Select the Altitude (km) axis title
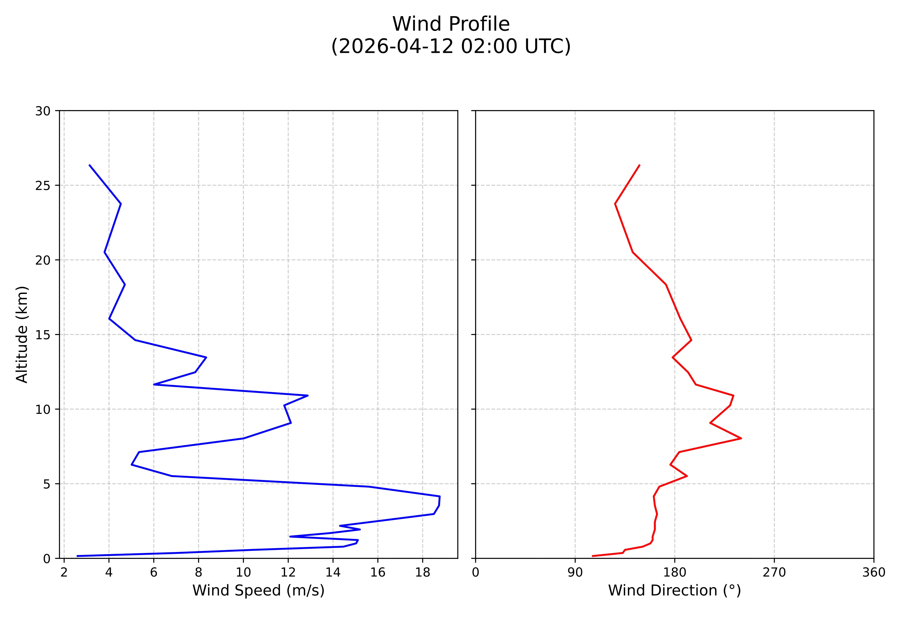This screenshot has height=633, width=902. pyautogui.click(x=22, y=334)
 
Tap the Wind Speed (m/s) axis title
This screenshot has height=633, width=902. pyautogui.click(x=258, y=590)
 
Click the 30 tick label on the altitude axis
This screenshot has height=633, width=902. pyautogui.click(x=43, y=111)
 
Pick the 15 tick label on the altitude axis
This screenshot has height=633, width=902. pyautogui.click(x=43, y=335)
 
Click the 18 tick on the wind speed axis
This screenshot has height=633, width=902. pyautogui.click(x=422, y=573)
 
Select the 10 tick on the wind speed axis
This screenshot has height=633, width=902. pyautogui.click(x=243, y=573)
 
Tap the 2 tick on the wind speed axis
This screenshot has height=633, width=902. pyautogui.click(x=64, y=573)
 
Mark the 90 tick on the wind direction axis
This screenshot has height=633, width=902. pyautogui.click(x=575, y=573)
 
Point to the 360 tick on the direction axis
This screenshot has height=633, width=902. pyautogui.click(x=874, y=573)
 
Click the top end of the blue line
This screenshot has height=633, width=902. pyautogui.click(x=90, y=165)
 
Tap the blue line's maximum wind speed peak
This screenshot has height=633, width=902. pyautogui.click(x=439, y=496)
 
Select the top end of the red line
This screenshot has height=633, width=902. pyautogui.click(x=640, y=165)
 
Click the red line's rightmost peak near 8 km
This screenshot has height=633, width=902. pyautogui.click(x=741, y=438)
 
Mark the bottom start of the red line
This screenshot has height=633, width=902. pyautogui.click(x=592, y=556)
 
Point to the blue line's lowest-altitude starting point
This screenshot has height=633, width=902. pyautogui.click(x=77, y=556)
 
